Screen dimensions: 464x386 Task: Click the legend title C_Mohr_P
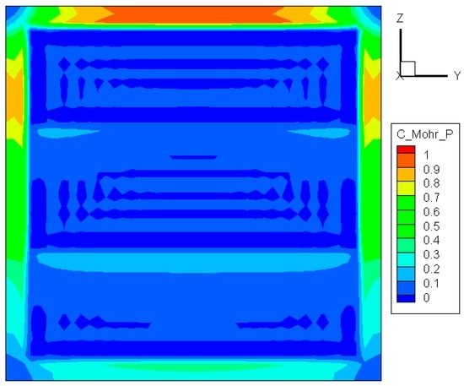click(x=424, y=134)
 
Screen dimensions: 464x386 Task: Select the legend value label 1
click(x=426, y=155)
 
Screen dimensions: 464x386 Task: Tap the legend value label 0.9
click(x=431, y=170)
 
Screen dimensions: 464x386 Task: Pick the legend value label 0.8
click(x=431, y=183)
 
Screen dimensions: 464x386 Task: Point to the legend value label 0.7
click(x=431, y=198)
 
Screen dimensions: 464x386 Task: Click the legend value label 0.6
click(x=431, y=212)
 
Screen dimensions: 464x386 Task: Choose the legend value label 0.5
click(x=431, y=226)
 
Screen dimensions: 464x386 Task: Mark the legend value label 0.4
click(x=431, y=240)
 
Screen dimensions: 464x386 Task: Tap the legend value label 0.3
click(x=431, y=254)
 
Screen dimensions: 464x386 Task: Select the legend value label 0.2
click(x=431, y=269)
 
